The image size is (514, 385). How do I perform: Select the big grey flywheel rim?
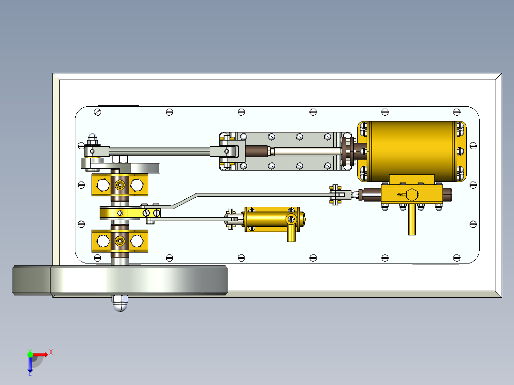(138, 280)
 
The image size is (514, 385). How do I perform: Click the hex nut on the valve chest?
(411, 194)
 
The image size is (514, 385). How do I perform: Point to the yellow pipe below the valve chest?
(411, 220)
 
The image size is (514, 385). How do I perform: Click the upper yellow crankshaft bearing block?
(119, 184)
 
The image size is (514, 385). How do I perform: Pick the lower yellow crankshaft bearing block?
(119, 241)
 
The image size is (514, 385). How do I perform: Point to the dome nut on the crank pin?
(93, 140)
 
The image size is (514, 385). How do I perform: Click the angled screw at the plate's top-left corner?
(98, 112)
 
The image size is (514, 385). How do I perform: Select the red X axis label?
(51, 352)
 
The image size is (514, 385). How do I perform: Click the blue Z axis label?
(30, 374)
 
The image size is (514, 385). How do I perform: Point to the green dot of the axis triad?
(30, 354)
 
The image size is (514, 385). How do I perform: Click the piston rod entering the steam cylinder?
(305, 152)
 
